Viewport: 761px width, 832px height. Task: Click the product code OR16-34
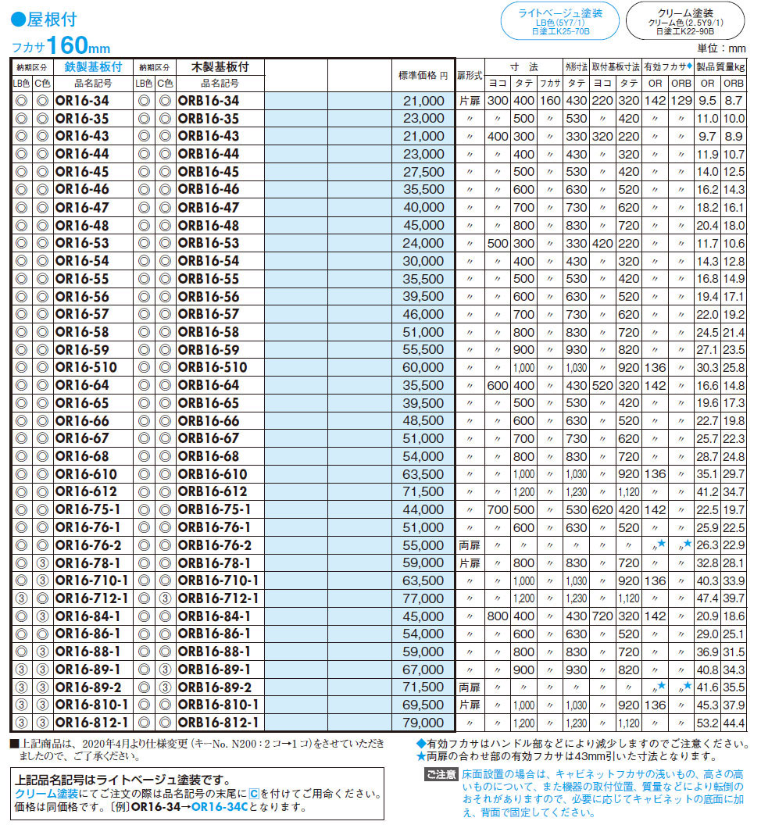(x=82, y=101)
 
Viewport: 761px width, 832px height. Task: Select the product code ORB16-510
(x=213, y=368)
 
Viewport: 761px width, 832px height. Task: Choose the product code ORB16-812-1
(x=218, y=723)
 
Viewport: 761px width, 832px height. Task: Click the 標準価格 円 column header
(x=423, y=76)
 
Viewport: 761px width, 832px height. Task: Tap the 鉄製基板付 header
(x=93, y=67)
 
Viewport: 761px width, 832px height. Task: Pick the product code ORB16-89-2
(x=214, y=687)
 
